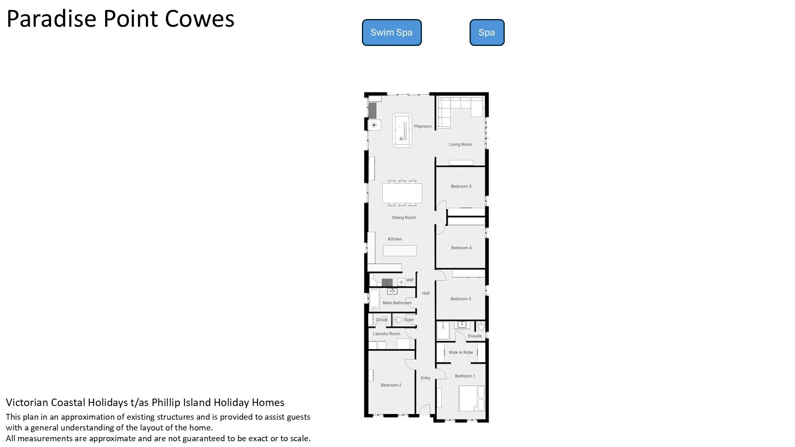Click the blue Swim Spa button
392,32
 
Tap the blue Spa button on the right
487,32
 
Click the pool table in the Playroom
402,130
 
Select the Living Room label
460,144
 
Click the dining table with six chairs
402,193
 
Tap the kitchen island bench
400,250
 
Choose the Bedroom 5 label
461,186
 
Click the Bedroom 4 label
461,248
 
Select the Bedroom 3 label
461,299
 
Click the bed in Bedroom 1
472,398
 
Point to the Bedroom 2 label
391,385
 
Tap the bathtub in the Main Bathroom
374,299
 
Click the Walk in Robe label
461,353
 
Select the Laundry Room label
387,334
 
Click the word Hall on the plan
426,293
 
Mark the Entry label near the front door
426,378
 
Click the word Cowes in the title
200,19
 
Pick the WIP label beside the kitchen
410,280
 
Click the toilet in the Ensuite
480,326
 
